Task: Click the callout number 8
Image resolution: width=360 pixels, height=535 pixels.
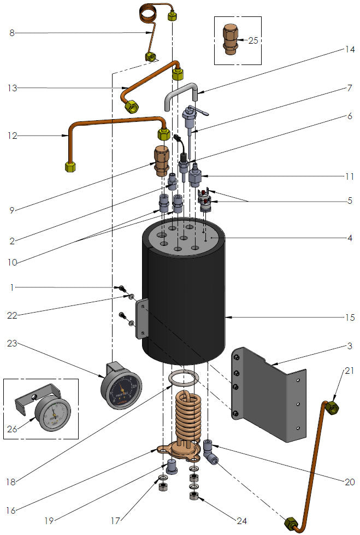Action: point(12,33)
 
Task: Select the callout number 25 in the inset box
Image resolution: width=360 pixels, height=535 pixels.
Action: point(252,40)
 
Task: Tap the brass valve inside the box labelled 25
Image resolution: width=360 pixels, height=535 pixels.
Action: point(229,39)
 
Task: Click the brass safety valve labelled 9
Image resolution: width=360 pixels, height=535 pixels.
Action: point(161,160)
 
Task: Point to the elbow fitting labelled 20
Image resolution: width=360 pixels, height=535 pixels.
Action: point(210,451)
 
